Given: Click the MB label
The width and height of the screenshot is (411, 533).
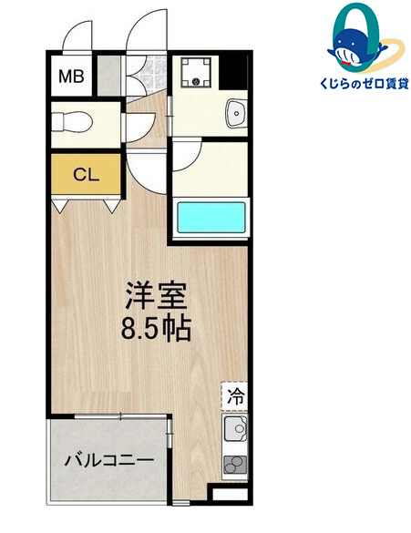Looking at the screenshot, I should (x=72, y=76).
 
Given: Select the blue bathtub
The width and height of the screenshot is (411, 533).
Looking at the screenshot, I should (x=211, y=220).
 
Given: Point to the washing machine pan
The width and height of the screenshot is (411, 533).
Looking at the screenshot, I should (x=195, y=73).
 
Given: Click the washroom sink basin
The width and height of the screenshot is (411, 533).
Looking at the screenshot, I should (x=235, y=114).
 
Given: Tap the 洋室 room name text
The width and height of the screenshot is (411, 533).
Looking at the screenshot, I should (x=156, y=298).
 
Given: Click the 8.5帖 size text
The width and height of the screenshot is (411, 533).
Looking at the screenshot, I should (x=156, y=328).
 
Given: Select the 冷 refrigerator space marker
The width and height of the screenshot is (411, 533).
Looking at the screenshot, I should (x=235, y=396).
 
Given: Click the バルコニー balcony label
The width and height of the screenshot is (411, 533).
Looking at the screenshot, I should (x=107, y=459).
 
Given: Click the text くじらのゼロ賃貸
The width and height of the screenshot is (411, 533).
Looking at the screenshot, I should (x=352, y=83).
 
